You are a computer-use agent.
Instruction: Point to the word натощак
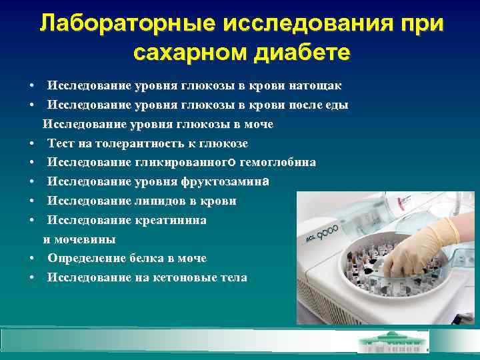317,86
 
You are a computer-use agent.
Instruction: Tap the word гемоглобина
279,163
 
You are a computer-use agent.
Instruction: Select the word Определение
85,258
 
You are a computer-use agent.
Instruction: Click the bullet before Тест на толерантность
32,143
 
